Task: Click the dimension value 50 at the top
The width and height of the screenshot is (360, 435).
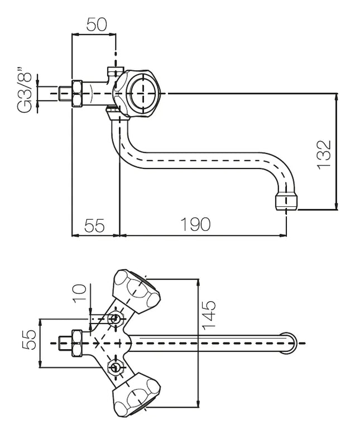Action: (x=97, y=24)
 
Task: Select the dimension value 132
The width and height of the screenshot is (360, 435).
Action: (x=324, y=155)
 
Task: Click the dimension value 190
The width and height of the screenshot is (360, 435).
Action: (x=195, y=224)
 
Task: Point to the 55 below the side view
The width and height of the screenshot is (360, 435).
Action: (x=95, y=225)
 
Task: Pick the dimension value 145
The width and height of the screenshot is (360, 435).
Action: (x=209, y=315)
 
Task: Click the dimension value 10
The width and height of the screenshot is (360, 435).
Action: (x=79, y=293)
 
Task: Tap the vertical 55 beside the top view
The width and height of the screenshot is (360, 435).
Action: (x=29, y=339)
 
